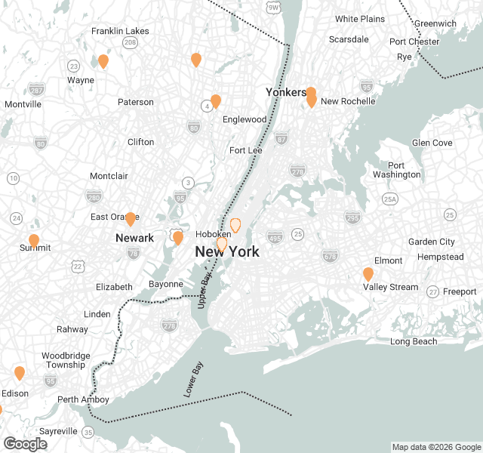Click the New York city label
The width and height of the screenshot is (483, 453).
click(227, 252)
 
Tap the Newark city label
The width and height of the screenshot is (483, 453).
click(134, 238)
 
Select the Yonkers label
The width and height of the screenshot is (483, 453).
click(286, 92)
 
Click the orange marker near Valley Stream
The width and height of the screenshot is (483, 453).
click(368, 274)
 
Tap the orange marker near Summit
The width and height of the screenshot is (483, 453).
click(34, 241)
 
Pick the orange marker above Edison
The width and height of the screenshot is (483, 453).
click(20, 373)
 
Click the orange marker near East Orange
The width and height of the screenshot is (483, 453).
click(130, 219)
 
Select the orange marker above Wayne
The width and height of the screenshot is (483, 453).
click(103, 61)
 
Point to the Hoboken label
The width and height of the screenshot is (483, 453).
click(213, 235)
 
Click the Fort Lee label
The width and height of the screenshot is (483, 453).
click(246, 150)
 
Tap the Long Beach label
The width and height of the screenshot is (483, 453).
click(414, 342)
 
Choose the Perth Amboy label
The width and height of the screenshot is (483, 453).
click(83, 399)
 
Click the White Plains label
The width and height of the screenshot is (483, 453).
click(360, 19)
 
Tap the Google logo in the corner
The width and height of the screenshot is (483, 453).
click(25, 444)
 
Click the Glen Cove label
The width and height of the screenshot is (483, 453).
click(432, 143)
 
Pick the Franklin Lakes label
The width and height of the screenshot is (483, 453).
click(120, 31)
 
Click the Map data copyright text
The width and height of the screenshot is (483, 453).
click(435, 447)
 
